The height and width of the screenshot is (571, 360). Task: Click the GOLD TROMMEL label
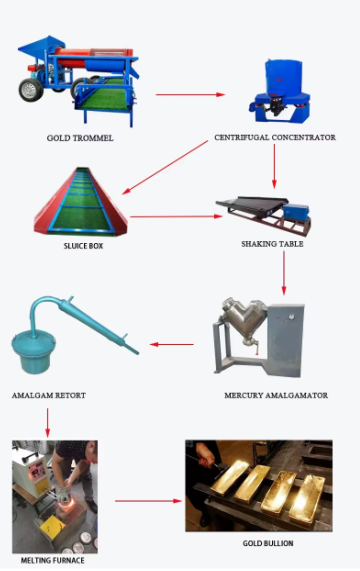pyautogui.click(x=80, y=138)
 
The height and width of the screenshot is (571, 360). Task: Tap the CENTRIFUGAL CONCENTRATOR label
pyautogui.click(x=275, y=137)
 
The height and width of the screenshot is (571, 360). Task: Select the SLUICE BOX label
pyautogui.click(x=83, y=246)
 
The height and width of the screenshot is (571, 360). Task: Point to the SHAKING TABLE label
pyautogui.click(x=272, y=244)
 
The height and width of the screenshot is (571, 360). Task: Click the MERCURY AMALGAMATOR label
pyautogui.click(x=276, y=395)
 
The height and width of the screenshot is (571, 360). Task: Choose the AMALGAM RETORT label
pyautogui.click(x=49, y=395)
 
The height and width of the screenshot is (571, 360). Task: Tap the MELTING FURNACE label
pyautogui.click(x=52, y=560)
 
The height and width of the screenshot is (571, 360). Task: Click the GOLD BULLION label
pyautogui.click(x=268, y=543)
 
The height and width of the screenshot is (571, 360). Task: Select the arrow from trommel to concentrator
pyautogui.click(x=190, y=95)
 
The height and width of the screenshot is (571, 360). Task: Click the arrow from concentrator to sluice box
pyautogui.click(x=165, y=168)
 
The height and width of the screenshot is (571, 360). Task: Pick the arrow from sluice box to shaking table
pyautogui.click(x=176, y=216)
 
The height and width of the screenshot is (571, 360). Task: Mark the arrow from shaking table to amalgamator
pyautogui.click(x=284, y=273)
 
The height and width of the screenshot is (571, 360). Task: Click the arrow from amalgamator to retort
pyautogui.click(x=172, y=344)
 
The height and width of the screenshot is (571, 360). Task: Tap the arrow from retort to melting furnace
pyautogui.click(x=47, y=422)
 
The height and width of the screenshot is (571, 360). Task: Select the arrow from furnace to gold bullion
pyautogui.click(x=148, y=501)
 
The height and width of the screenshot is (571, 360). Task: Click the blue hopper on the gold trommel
pyautogui.click(x=40, y=47)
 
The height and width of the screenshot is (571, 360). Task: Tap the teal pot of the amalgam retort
pyautogui.click(x=33, y=353)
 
